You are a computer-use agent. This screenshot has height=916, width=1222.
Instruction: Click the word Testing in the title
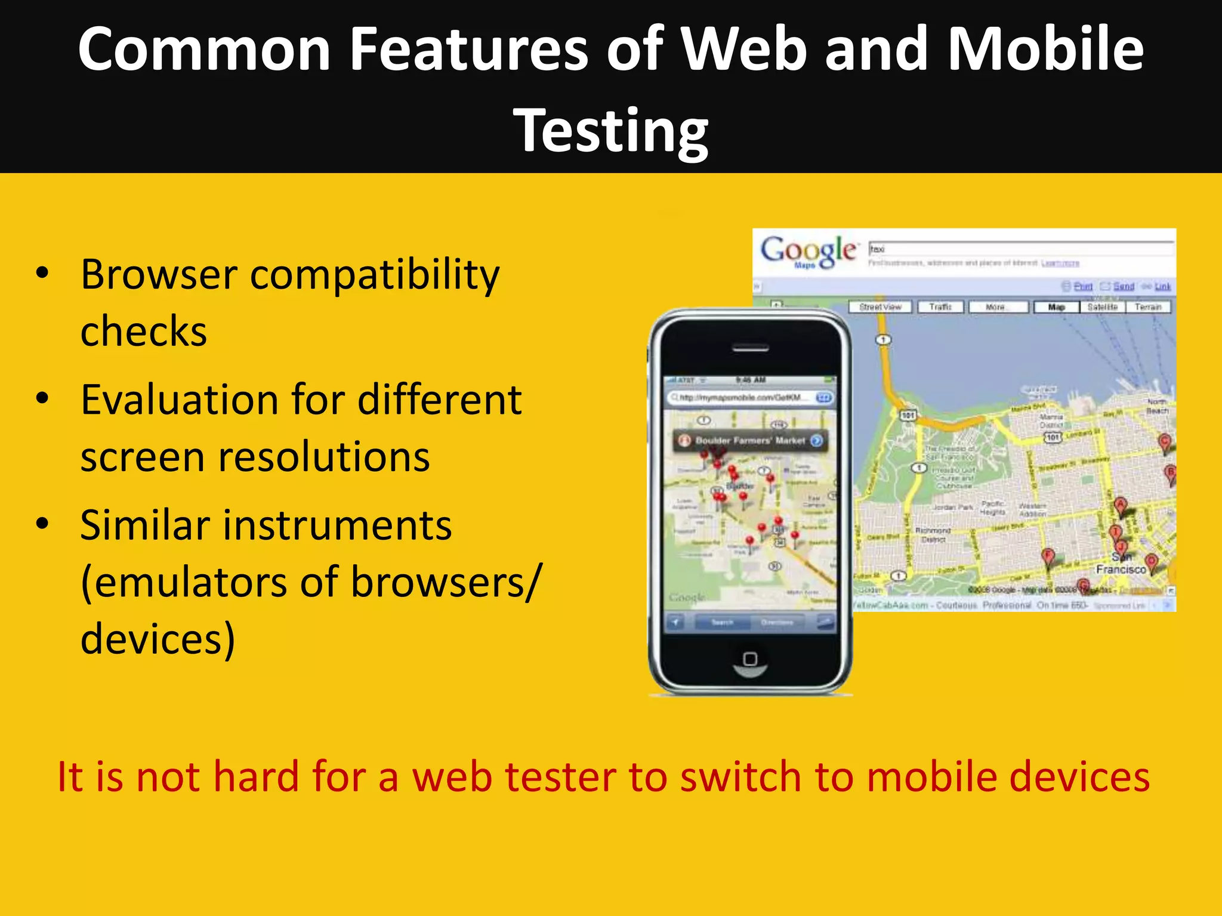point(610,130)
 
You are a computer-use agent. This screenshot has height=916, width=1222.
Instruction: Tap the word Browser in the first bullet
point(159,275)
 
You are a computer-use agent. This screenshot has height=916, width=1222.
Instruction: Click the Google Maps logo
point(807,251)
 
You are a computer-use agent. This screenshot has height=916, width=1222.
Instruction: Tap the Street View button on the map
point(880,307)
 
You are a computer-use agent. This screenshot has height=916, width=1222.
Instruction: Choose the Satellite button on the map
point(1102,307)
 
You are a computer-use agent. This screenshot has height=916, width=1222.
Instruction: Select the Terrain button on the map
point(1148,307)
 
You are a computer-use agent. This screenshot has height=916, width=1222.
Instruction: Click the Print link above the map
point(1082,287)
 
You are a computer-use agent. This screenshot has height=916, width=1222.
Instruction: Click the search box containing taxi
point(1020,249)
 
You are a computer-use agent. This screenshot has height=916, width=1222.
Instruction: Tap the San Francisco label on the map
point(1121,564)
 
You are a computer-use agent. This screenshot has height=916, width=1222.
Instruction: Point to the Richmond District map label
point(933,534)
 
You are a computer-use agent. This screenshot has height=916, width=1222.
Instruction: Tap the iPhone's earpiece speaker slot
point(750,348)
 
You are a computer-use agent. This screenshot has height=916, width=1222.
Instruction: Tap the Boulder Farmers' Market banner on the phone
point(750,441)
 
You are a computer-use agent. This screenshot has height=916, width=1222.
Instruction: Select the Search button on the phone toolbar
point(722,623)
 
